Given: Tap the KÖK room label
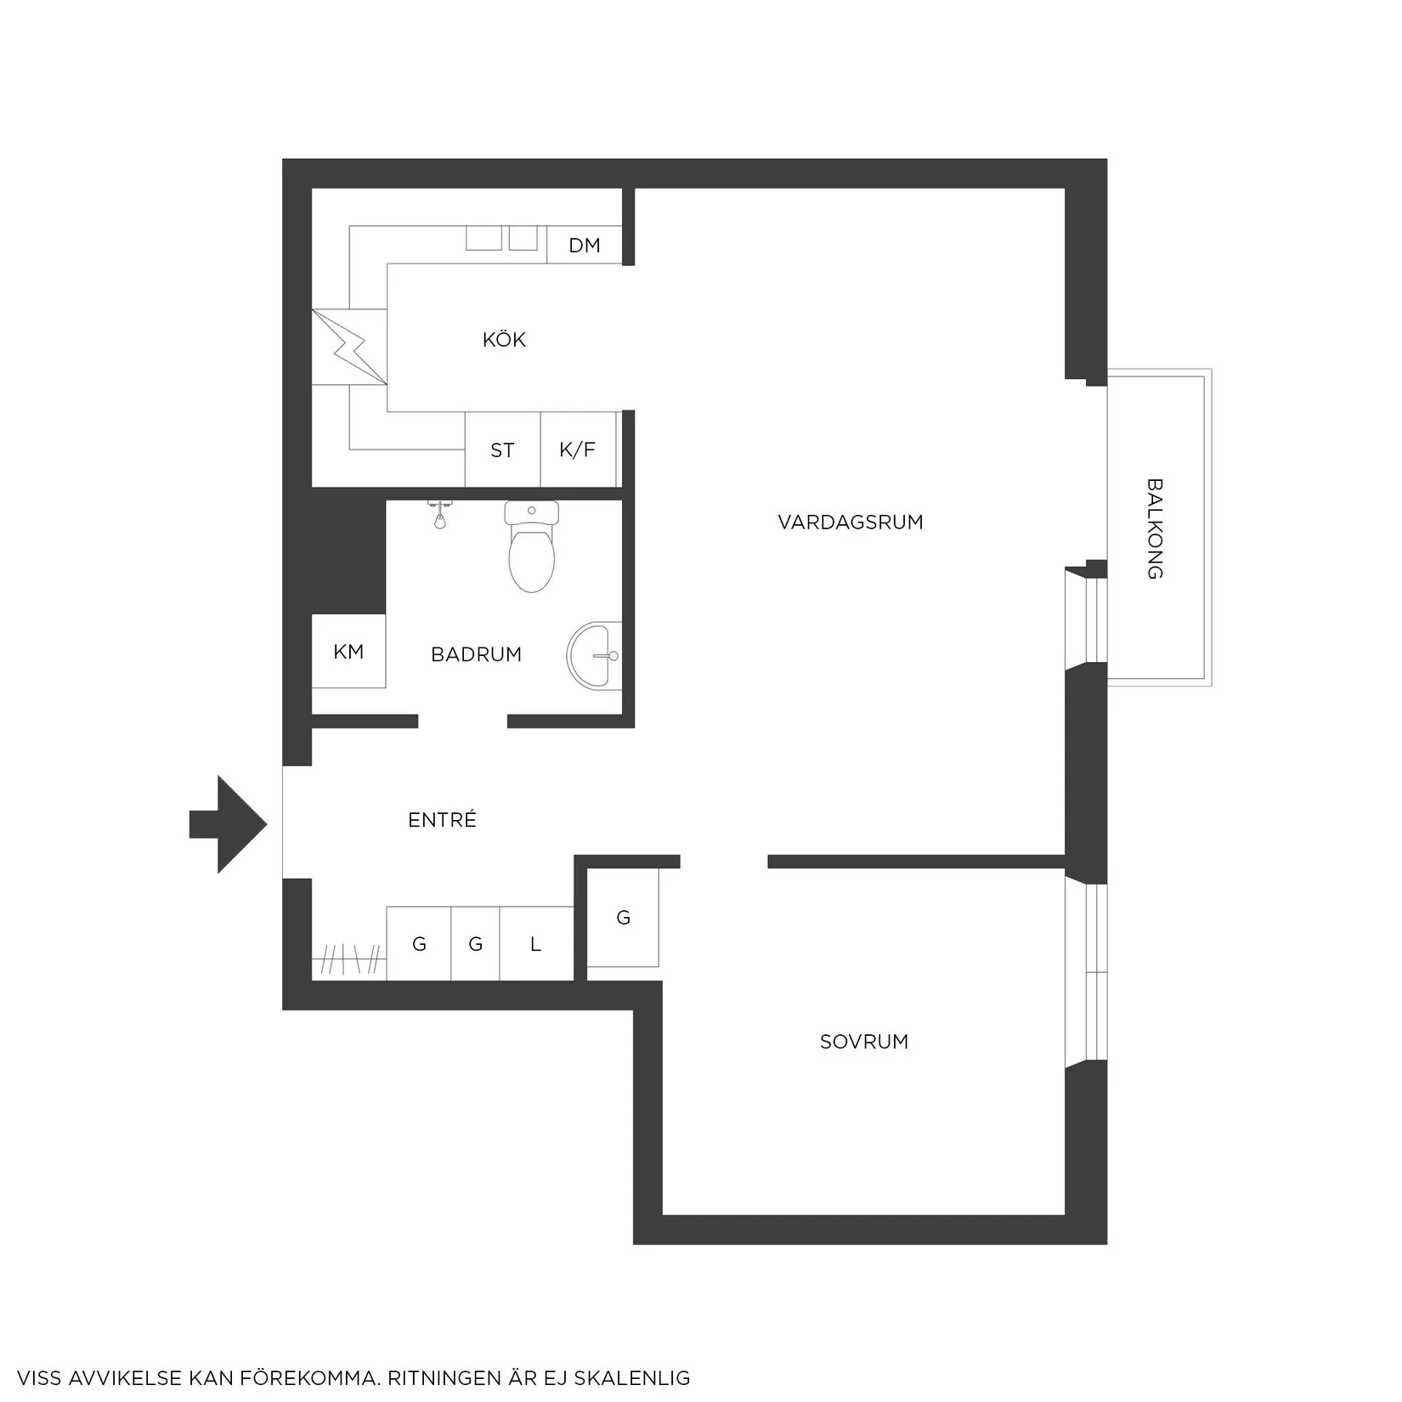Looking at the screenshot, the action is [x=504, y=340].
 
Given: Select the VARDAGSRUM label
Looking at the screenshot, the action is [x=851, y=523].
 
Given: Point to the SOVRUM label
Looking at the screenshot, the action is [x=864, y=1042].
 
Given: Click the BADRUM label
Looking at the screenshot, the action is [x=476, y=654].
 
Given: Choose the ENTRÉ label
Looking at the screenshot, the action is [x=442, y=820].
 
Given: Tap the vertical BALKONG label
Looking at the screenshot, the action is [x=1155, y=529].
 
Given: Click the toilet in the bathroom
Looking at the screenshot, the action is [x=531, y=546].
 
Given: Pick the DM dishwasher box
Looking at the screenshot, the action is [x=585, y=245].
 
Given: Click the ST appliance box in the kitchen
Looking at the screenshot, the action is [x=502, y=449].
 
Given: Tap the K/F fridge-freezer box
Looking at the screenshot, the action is [x=578, y=449].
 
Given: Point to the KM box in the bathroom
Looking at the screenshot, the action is [x=348, y=651].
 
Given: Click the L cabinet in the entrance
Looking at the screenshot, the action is [x=536, y=944].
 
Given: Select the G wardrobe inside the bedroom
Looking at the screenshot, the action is [x=623, y=918].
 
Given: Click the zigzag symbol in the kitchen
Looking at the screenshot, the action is [x=349, y=347].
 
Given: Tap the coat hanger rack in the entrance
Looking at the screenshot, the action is [x=349, y=961].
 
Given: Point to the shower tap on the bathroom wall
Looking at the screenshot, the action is [x=439, y=514].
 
